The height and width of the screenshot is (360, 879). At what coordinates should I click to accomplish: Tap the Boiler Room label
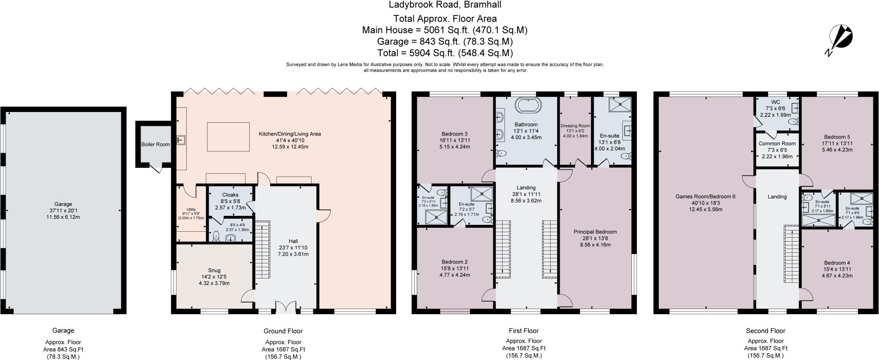click(156, 145)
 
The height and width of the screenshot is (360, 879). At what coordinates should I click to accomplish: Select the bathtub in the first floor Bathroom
click(526, 106)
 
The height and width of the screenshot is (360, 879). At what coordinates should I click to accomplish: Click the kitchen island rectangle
click(228, 137)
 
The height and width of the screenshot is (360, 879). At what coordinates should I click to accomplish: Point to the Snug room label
click(214, 270)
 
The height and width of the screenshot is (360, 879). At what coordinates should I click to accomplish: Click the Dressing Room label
click(575, 126)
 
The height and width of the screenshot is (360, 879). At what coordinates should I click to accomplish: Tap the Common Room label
click(777, 144)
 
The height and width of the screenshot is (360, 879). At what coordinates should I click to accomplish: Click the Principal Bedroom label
click(595, 232)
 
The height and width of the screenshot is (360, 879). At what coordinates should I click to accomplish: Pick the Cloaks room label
click(230, 195)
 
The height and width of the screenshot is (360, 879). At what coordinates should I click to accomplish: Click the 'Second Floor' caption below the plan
click(765, 331)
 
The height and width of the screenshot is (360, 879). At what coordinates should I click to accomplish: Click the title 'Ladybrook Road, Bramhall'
click(445, 5)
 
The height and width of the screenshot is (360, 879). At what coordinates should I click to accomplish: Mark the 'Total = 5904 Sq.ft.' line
click(445, 53)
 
